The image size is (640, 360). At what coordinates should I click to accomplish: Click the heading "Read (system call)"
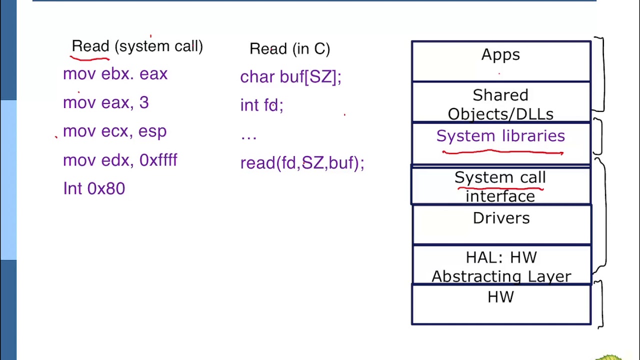[137, 46]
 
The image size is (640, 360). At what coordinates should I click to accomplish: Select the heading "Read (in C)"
[289, 49]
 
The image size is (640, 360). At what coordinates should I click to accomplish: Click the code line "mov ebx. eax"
[115, 74]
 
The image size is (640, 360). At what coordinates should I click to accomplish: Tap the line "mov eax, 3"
[105, 102]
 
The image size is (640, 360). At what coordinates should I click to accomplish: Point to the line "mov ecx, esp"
[114, 131]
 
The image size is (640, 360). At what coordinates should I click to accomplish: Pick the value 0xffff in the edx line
[158, 160]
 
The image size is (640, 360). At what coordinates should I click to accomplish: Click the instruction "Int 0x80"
[94, 188]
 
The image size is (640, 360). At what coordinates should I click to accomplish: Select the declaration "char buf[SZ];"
[290, 77]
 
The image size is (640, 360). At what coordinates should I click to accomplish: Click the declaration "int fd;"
[261, 105]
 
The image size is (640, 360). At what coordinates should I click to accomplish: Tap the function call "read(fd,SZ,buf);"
[302, 163]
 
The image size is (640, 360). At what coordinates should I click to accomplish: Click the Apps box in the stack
[500, 60]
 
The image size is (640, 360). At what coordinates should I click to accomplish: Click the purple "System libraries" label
[500, 136]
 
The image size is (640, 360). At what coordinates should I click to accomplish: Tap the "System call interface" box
[500, 186]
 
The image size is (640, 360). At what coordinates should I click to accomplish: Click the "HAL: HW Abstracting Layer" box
[500, 266]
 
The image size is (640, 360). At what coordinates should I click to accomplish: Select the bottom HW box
[500, 304]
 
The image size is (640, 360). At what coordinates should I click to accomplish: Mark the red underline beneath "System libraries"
[502, 152]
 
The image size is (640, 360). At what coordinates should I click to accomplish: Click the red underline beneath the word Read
[90, 58]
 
